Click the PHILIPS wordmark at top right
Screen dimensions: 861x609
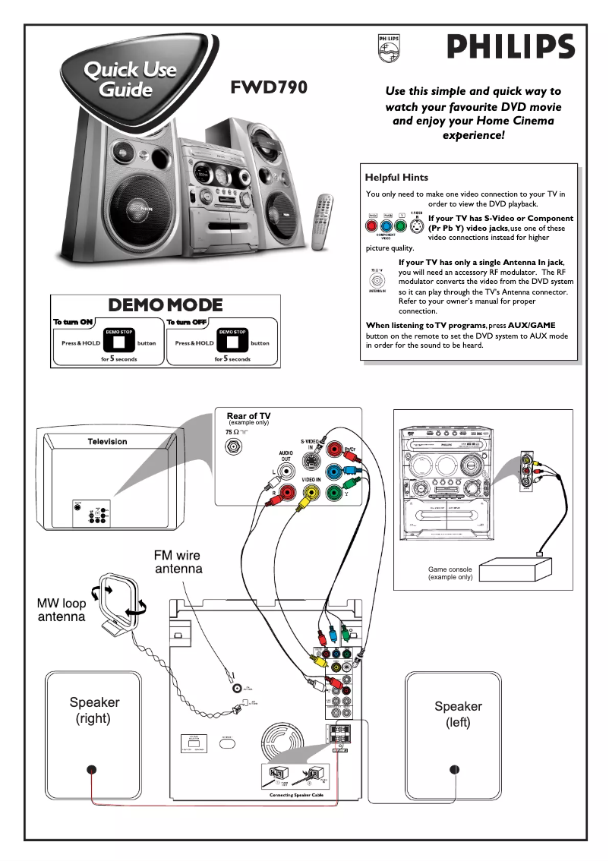click(x=510, y=47)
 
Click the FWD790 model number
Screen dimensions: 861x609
click(x=269, y=87)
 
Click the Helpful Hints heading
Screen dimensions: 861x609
click(x=396, y=178)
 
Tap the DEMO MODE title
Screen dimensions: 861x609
click(x=166, y=305)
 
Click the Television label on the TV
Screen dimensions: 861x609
click(x=107, y=441)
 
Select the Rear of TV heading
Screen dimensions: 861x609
click(x=248, y=416)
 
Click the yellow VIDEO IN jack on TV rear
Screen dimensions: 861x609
click(x=310, y=494)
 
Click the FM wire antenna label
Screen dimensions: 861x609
click(x=178, y=562)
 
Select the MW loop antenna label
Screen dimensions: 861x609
click(x=62, y=610)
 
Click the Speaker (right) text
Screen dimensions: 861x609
click(x=94, y=711)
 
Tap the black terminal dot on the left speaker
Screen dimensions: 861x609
click(x=454, y=770)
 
